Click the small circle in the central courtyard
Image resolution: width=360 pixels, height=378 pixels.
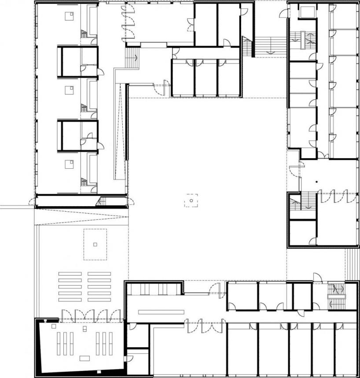click(x=191, y=201)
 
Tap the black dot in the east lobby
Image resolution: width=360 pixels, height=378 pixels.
click(x=316, y=181)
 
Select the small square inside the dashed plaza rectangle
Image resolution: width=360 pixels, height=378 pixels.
click(x=95, y=244)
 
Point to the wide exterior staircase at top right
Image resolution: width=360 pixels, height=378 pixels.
click(x=270, y=45)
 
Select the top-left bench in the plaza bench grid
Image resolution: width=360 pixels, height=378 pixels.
click(x=70, y=274)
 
